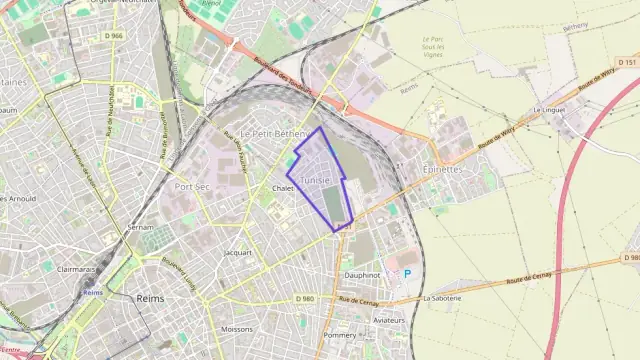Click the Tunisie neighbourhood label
click(315, 180)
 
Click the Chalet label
click(282, 188)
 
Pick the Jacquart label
click(238, 253)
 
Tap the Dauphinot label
click(362, 274)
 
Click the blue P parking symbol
click(407, 273)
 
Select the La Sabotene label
click(442, 298)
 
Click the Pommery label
click(340, 335)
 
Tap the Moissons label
click(237, 329)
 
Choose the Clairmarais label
click(77, 269)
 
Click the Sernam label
click(140, 228)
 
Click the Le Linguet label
click(550, 109)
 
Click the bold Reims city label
click(150, 298)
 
